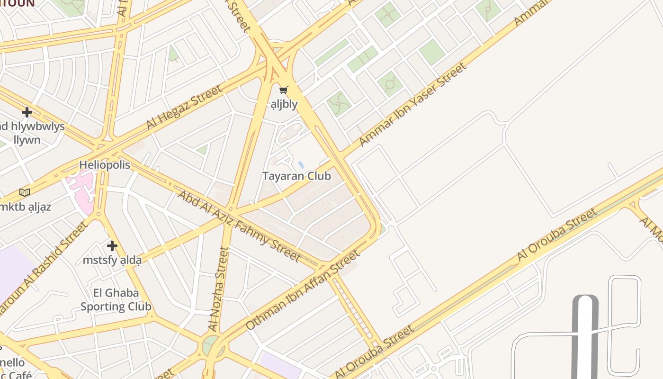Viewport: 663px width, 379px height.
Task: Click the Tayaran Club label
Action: point(296,176)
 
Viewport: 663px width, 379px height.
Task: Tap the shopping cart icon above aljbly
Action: point(284,90)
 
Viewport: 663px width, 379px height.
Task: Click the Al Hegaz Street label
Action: point(184,108)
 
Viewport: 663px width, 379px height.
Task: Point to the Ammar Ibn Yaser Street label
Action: point(412,105)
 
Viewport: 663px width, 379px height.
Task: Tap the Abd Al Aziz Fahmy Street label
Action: point(239,226)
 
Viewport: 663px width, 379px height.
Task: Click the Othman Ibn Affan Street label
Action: point(303,290)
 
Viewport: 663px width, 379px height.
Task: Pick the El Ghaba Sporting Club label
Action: point(116,299)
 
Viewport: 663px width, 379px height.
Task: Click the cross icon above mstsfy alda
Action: point(112,246)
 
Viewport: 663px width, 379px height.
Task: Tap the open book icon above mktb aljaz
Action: point(25,192)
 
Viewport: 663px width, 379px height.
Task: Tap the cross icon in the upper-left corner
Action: point(27,112)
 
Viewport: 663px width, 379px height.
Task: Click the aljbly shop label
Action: point(284,104)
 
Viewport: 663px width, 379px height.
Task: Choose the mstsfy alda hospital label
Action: point(112,260)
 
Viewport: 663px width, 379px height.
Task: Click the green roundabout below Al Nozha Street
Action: point(210,345)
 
